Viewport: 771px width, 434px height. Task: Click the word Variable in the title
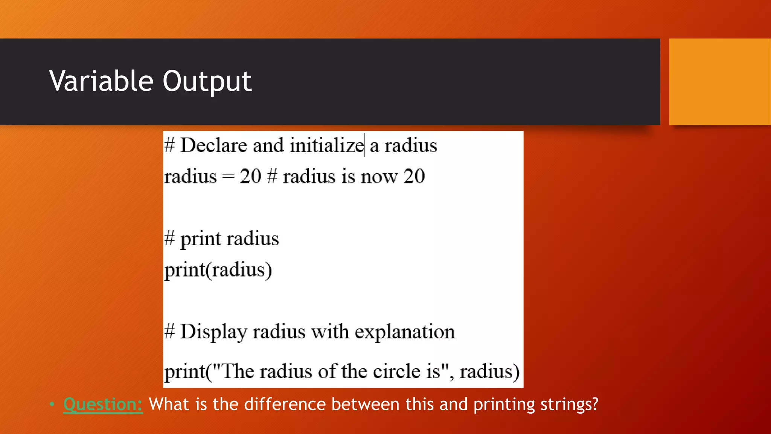tap(101, 81)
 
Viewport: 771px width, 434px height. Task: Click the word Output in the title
tap(207, 82)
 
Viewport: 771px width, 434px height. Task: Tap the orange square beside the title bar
tap(719, 82)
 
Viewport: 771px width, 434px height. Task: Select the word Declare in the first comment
tap(213, 145)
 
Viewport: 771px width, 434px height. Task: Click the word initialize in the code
tap(326, 145)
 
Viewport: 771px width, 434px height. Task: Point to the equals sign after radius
tap(228, 177)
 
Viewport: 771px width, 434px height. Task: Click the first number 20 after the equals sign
tap(250, 176)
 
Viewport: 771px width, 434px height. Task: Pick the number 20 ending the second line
tap(414, 176)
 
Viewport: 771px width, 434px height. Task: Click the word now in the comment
tap(379, 177)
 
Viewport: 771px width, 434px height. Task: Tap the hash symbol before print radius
tap(170, 238)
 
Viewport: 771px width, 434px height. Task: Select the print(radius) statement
tap(218, 270)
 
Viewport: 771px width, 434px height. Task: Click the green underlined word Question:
tap(103, 405)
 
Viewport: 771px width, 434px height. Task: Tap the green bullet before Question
tap(52, 405)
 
